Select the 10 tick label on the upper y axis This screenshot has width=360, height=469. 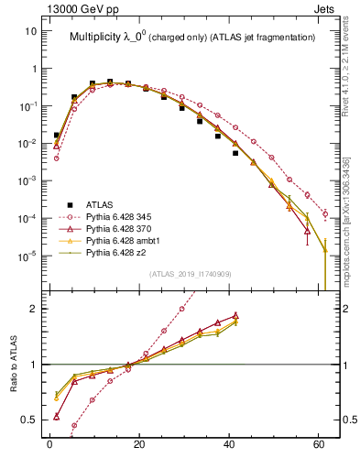pyautogui.click(x=30, y=30)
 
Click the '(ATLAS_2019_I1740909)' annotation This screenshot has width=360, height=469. pyautogui.click(x=190, y=274)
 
